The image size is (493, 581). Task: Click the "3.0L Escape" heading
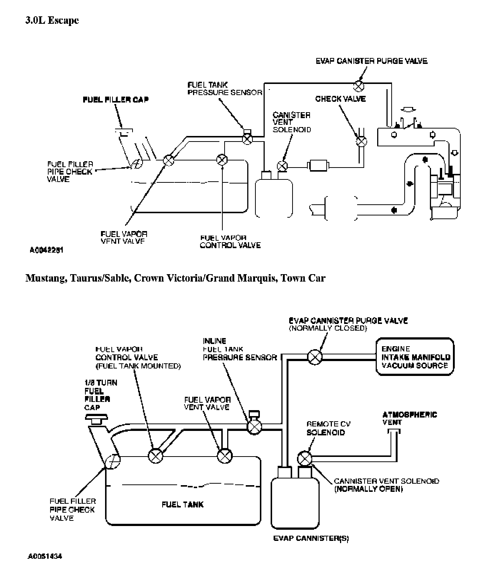52,20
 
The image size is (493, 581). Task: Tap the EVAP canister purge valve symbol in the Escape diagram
358,86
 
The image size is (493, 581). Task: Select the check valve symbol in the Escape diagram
361,141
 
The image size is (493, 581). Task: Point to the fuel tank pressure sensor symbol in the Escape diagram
247,138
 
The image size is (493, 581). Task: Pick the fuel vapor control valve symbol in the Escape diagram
222,160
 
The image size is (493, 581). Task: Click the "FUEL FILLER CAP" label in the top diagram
115,100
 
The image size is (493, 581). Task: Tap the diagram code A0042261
46,250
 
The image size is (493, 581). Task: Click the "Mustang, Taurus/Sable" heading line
175,278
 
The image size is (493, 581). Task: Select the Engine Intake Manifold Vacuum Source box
415,357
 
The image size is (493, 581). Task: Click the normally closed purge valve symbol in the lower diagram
315,357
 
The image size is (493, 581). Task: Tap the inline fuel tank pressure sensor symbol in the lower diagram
254,426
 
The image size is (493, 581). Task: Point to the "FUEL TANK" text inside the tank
183,504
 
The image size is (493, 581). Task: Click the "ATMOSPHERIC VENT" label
409,418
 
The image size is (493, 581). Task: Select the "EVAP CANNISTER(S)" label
311,538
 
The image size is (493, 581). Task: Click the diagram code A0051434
45,556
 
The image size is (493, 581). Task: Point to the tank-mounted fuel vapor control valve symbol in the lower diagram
155,455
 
